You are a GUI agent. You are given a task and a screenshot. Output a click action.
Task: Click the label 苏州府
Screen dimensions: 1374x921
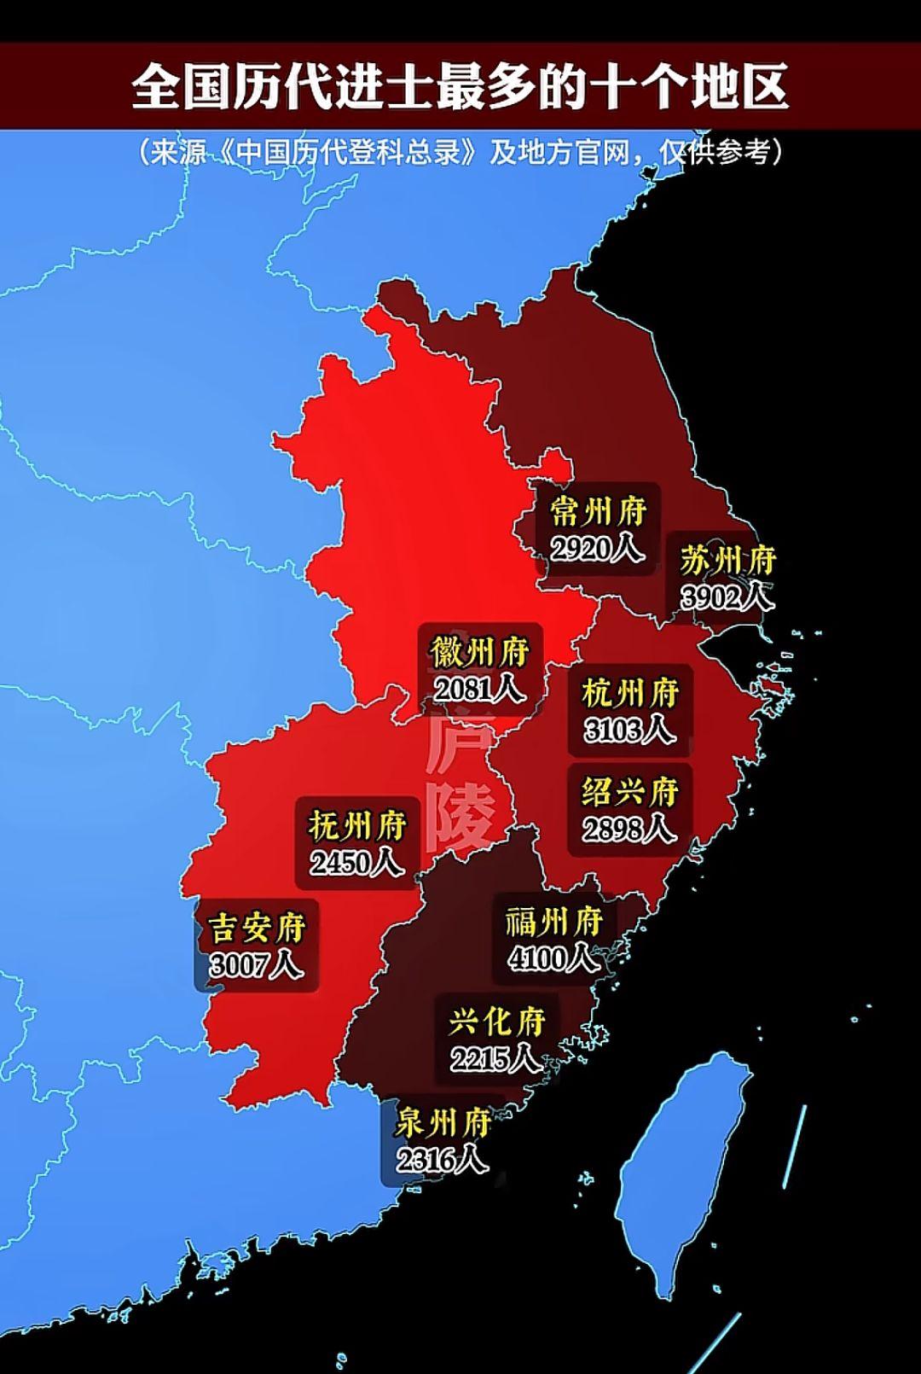(x=728, y=561)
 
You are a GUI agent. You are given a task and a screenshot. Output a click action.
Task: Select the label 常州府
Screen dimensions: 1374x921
(x=598, y=511)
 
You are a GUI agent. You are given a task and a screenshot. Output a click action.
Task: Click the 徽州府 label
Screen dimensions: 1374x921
(x=479, y=652)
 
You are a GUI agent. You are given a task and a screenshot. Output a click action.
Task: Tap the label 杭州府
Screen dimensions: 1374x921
(x=629, y=693)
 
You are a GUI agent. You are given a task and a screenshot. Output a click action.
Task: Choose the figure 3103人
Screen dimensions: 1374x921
(x=629, y=730)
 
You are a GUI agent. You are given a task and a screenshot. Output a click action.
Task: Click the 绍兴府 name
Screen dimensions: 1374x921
(x=629, y=792)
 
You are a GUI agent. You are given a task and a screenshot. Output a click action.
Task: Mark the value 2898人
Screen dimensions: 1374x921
(x=629, y=829)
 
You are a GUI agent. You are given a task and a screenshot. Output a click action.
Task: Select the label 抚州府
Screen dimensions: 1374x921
(x=357, y=826)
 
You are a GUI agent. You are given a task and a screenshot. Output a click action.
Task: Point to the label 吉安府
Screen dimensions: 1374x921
(x=256, y=928)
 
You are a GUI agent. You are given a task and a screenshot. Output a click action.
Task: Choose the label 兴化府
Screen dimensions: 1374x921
(x=496, y=1022)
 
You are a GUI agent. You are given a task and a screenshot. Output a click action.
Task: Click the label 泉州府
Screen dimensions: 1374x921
(x=442, y=1123)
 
